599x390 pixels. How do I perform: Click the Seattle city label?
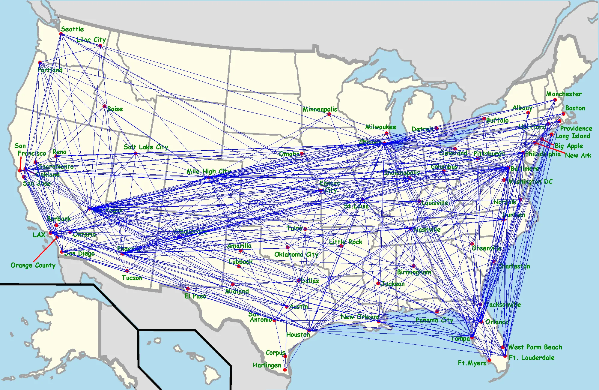pyautogui.click(x=72, y=29)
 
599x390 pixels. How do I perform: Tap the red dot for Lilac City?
pyautogui.click(x=100, y=46)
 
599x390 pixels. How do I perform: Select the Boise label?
pyautogui.click(x=115, y=109)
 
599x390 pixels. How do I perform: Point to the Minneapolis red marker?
pyautogui.click(x=329, y=114)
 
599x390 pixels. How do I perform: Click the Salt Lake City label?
pyautogui.click(x=146, y=147)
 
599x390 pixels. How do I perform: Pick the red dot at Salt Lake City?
pyautogui.click(x=136, y=153)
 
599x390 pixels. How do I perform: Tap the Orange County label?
pyautogui.click(x=33, y=265)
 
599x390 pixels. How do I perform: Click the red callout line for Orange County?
pyautogui.click(x=45, y=249)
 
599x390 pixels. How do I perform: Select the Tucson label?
pyautogui.click(x=132, y=278)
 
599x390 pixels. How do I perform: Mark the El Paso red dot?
pyautogui.click(x=188, y=289)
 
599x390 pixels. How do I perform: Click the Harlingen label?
pyautogui.click(x=267, y=365)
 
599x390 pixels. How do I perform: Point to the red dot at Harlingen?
pyautogui.click(x=285, y=370)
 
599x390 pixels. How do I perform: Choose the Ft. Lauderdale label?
pyautogui.click(x=532, y=358)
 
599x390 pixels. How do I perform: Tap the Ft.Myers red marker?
pyautogui.click(x=489, y=360)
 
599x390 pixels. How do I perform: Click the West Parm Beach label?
pyautogui.click(x=535, y=347)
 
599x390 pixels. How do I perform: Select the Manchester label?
pyautogui.click(x=564, y=94)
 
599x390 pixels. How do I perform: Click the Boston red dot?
pyautogui.click(x=563, y=114)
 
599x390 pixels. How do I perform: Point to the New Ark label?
pyautogui.click(x=578, y=155)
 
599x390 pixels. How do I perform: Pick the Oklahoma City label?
pyautogui.click(x=296, y=254)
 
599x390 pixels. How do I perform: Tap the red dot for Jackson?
pyautogui.click(x=378, y=283)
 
